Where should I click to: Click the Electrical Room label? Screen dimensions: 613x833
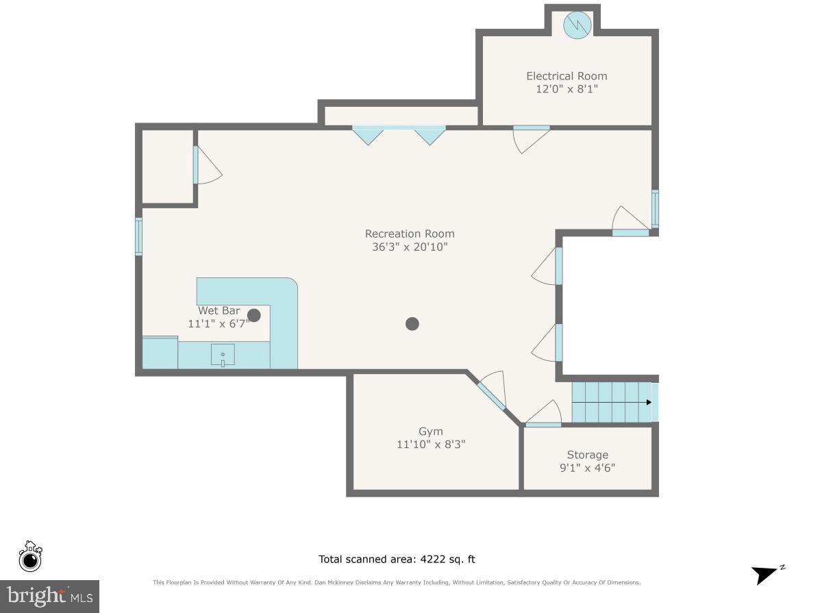click(x=567, y=76)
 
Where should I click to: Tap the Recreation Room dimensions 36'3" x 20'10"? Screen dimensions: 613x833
click(x=410, y=247)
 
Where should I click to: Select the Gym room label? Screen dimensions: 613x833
click(x=430, y=431)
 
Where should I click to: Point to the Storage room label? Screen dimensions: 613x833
click(x=587, y=455)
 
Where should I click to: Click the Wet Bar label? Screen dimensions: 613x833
click(x=219, y=310)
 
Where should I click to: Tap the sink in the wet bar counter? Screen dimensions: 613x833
click(x=223, y=355)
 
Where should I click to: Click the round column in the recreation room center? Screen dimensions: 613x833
click(x=412, y=324)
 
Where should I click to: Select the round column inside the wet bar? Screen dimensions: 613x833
click(x=254, y=315)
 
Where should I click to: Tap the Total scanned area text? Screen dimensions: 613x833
click(x=397, y=560)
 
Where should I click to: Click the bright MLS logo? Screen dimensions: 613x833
click(x=49, y=597)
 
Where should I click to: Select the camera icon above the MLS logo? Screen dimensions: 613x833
click(x=30, y=557)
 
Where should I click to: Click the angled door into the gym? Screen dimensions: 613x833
click(x=492, y=395)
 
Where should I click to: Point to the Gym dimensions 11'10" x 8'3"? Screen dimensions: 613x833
click(x=430, y=445)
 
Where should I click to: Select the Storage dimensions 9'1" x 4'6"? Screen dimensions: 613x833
click(x=587, y=468)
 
